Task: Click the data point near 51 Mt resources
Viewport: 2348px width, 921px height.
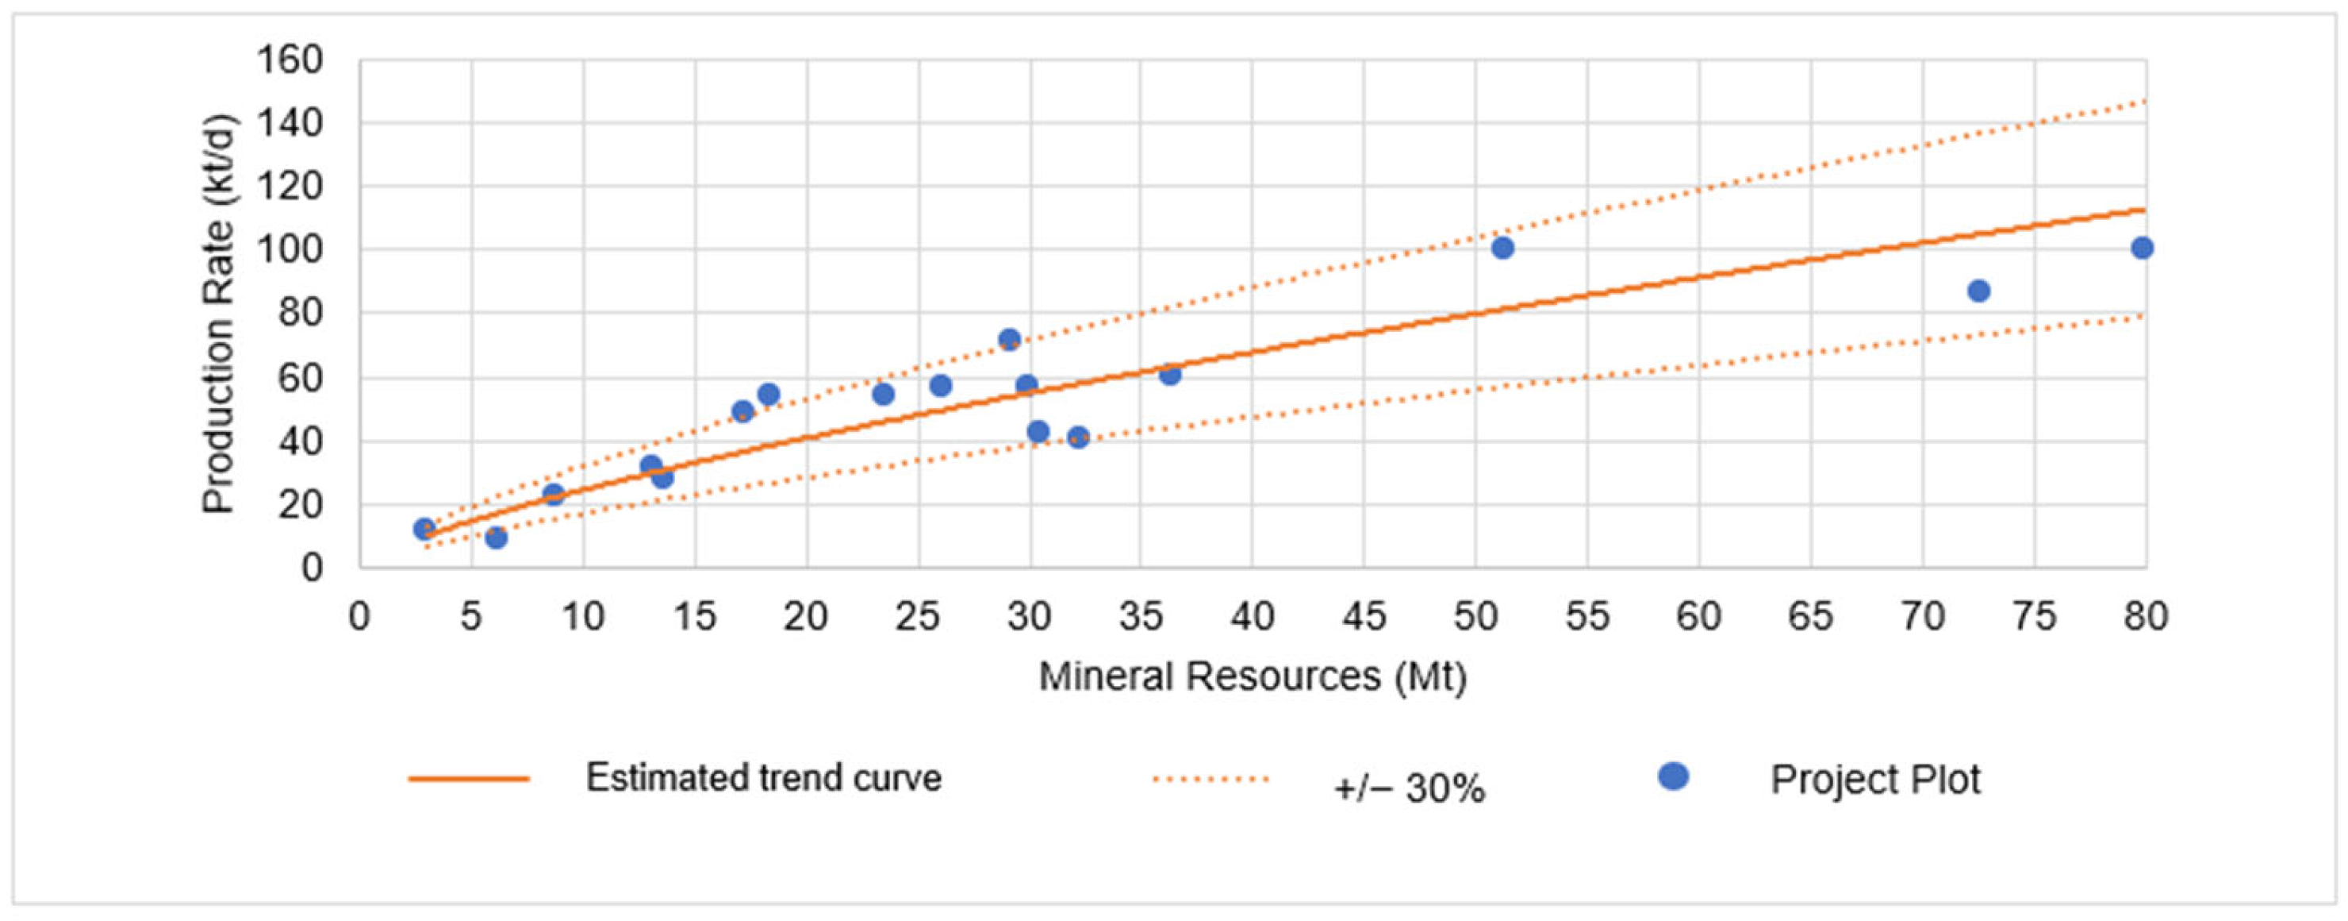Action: pyautogui.click(x=1502, y=247)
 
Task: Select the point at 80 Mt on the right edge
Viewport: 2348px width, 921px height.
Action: pyautogui.click(x=2142, y=247)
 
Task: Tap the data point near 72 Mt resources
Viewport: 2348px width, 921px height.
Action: pyautogui.click(x=1978, y=291)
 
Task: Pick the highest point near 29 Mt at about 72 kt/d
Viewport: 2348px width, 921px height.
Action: pyautogui.click(x=1009, y=339)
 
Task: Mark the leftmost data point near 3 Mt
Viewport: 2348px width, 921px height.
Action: pyautogui.click(x=424, y=529)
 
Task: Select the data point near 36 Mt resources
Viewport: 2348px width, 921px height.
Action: pyautogui.click(x=1169, y=374)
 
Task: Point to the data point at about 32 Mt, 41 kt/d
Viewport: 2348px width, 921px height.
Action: pyautogui.click(x=1078, y=437)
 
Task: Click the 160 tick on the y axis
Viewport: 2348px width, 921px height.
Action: pyautogui.click(x=290, y=61)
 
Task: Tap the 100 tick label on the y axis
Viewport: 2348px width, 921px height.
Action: pyautogui.click(x=290, y=250)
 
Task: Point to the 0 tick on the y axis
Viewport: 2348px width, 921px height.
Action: pyautogui.click(x=312, y=568)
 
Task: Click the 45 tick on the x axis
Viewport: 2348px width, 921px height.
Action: pyautogui.click(x=1364, y=618)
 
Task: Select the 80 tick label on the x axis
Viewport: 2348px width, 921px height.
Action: pyautogui.click(x=2146, y=618)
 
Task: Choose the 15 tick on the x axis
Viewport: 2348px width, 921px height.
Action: pyautogui.click(x=695, y=618)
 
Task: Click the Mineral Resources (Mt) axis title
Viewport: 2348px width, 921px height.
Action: pyautogui.click(x=1253, y=677)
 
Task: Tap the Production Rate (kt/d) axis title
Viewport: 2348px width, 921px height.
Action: pyautogui.click(x=219, y=314)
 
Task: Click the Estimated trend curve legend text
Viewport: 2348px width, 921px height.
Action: pyautogui.click(x=763, y=779)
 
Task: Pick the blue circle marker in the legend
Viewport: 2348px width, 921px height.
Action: pyautogui.click(x=1674, y=777)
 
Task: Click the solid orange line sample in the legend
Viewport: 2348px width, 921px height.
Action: pyautogui.click(x=469, y=779)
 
